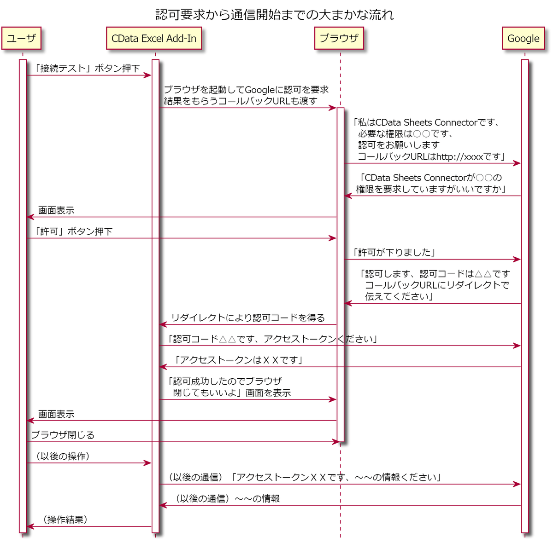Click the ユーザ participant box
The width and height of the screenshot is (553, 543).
pyautogui.click(x=21, y=39)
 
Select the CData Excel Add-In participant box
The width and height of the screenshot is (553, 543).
pyautogui.click(x=154, y=39)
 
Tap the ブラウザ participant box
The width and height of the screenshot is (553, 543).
pyautogui.click(x=339, y=39)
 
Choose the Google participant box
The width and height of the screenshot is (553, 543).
pyautogui.click(x=523, y=39)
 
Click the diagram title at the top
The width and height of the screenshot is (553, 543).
pyautogui.click(x=275, y=15)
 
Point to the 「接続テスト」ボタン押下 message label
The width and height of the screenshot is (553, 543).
pyautogui.click(x=87, y=69)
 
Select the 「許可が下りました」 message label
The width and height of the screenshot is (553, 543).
pyautogui.click(x=394, y=253)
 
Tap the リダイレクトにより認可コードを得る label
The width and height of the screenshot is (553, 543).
pyautogui.click(x=248, y=318)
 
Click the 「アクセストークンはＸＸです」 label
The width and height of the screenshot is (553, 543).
pyautogui.click(x=238, y=360)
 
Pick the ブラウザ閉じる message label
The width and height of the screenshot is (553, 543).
pyautogui.click(x=63, y=435)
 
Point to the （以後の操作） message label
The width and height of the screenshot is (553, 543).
pyautogui.click(x=63, y=456)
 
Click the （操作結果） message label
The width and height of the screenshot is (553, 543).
pyautogui.click(x=65, y=520)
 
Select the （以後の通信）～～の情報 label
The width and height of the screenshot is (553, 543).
pyautogui.click(x=227, y=499)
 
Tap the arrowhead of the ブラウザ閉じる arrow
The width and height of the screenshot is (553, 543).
pyautogui.click(x=336, y=442)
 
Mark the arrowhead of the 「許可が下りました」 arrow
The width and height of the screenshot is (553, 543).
pyautogui.click(x=518, y=260)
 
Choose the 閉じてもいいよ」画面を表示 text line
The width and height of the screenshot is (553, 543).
pyautogui.click(x=232, y=393)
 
